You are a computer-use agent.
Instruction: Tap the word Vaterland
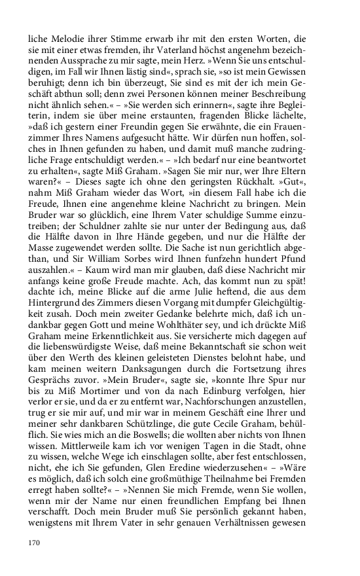click(215, 52)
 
